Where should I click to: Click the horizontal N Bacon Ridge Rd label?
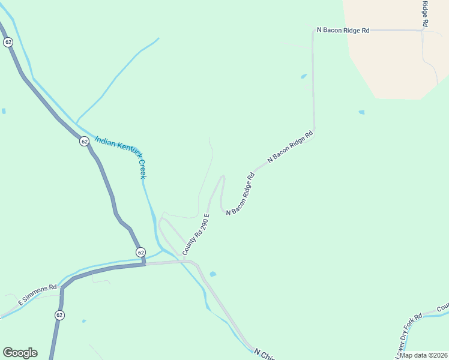coord(343,30)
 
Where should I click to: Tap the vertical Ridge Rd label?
coord(424,13)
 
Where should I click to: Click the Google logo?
coord(20,353)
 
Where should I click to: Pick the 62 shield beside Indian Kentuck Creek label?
coord(84,142)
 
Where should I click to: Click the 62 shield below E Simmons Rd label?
coord(59,315)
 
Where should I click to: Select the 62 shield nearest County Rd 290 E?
coord(140,252)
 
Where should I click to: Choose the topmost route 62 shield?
coord(8,42)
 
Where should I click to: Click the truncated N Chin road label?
coord(264,353)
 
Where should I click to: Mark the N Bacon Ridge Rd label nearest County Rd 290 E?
coord(241,194)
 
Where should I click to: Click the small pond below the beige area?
coord(361,112)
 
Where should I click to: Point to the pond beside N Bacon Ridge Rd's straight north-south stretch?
coord(304,76)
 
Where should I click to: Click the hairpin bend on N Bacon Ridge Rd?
coord(223,177)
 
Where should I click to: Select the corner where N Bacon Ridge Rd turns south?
coord(313,31)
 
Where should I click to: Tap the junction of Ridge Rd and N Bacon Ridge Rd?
coord(423,30)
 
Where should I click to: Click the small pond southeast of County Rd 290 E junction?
coord(213,274)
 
